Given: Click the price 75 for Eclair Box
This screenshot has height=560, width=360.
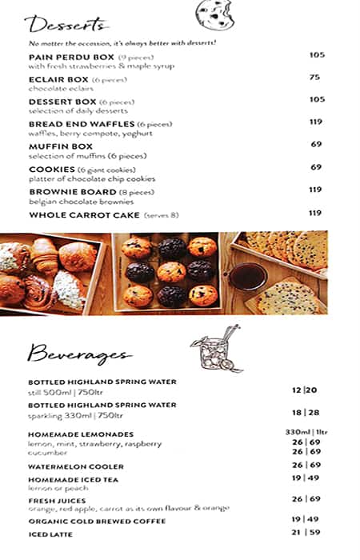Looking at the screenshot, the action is [315, 78].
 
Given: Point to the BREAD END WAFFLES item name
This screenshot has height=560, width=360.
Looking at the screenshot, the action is [81, 124].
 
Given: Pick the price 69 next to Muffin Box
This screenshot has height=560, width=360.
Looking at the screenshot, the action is [316, 144].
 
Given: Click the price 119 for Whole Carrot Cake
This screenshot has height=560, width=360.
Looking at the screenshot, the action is [315, 213].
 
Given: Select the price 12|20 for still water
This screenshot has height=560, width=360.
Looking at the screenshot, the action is [305, 390].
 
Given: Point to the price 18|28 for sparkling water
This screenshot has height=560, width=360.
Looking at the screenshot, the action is [305, 412].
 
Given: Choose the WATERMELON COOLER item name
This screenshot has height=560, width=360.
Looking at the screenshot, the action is [76, 466].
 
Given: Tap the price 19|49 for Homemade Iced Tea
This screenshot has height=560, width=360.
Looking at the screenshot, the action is [306, 478].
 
